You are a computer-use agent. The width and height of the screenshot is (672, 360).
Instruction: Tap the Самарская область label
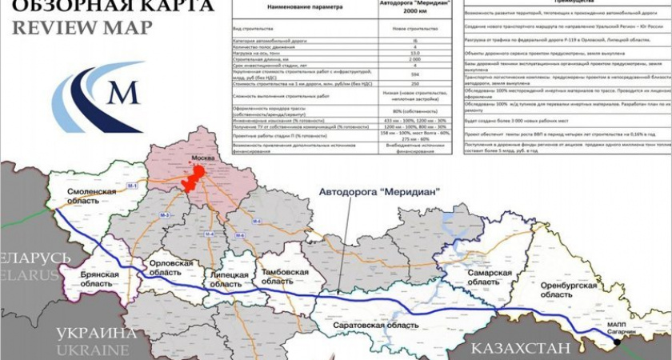[x=490, y=278]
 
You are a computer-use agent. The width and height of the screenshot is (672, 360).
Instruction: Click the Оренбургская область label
[x=569, y=290]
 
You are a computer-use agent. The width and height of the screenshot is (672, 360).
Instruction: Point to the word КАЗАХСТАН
[x=520, y=348]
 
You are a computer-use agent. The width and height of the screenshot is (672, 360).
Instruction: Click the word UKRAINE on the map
[x=92, y=350]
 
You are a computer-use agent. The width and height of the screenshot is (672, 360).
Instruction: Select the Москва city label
[x=204, y=159]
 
